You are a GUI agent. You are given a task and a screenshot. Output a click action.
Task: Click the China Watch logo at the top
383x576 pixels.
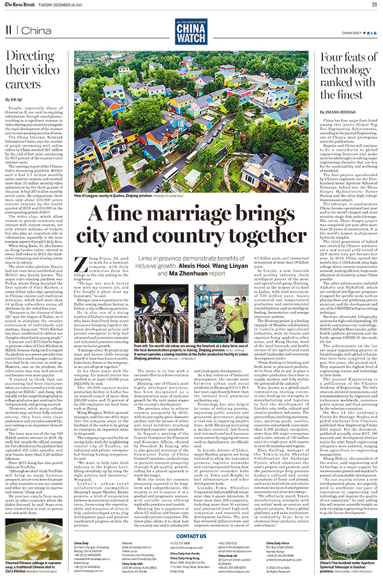191,30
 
